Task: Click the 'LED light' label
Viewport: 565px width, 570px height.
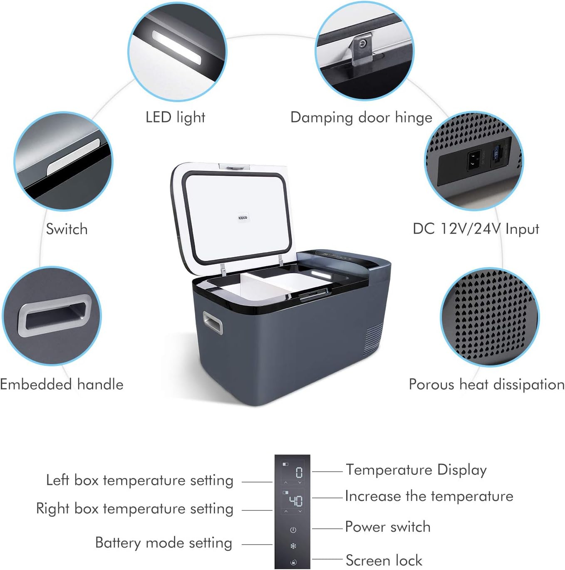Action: pos(175,117)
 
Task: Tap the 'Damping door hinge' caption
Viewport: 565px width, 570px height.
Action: pos(361,117)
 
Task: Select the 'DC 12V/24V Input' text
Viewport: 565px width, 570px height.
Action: pos(476,229)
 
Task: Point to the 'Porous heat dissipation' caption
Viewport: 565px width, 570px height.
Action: pos(486,384)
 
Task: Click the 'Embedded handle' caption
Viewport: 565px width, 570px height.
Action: pos(62,384)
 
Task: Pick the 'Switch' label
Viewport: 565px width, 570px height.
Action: pos(67,229)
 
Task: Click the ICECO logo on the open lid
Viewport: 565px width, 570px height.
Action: pos(243,217)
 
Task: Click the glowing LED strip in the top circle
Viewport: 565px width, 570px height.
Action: pos(177,48)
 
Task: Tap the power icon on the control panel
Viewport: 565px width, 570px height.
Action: pos(293,530)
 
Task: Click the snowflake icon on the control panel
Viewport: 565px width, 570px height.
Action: pos(293,546)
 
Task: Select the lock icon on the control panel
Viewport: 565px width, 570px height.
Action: pos(293,562)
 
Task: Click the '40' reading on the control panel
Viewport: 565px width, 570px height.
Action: pos(295,500)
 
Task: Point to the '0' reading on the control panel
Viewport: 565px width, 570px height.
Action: pos(299,472)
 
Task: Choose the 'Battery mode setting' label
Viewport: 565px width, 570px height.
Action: pos(164,543)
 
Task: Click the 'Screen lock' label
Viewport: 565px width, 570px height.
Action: pos(384,560)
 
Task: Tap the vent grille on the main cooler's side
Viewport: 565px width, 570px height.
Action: pos(373,340)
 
